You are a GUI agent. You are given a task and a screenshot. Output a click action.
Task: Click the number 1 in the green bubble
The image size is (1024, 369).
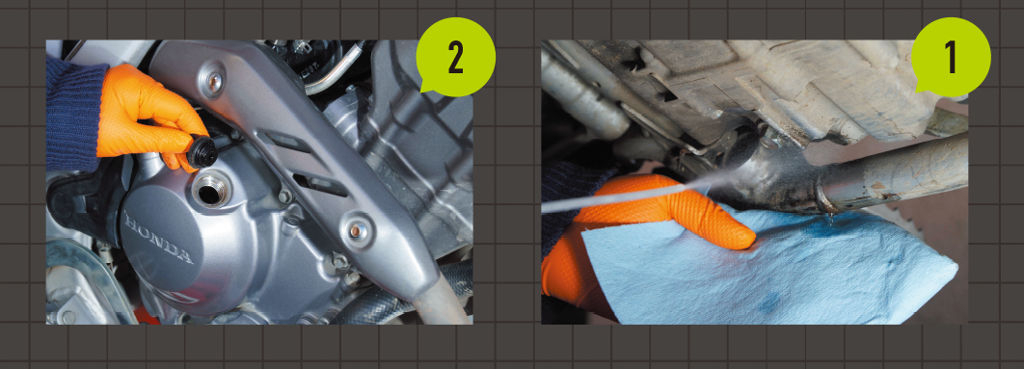coord(951,59)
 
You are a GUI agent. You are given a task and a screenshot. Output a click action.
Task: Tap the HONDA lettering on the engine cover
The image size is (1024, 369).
coord(158,238)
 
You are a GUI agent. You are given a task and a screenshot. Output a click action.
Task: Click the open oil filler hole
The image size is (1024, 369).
coord(209,190)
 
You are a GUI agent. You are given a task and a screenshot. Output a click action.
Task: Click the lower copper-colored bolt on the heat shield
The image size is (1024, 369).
coord(357,229)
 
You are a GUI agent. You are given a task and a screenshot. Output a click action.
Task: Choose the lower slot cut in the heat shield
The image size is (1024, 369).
coord(320,184)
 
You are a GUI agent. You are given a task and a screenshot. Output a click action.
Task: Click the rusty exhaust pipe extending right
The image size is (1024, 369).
coord(895,171)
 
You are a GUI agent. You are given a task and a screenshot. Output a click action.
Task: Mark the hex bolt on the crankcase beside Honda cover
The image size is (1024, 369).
coord(284,196)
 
